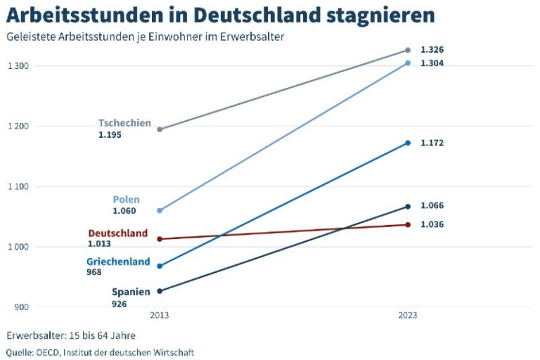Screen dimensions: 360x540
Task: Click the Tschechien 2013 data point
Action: click(x=160, y=129)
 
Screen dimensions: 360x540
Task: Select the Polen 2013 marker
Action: click(x=160, y=210)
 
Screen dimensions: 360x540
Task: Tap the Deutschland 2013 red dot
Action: click(x=160, y=239)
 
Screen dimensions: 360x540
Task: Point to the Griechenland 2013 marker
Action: click(x=160, y=266)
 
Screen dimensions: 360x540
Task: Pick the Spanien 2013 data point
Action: click(x=160, y=291)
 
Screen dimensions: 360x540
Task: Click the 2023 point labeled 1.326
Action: click(x=407, y=50)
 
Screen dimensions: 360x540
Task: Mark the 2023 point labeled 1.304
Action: click(x=407, y=63)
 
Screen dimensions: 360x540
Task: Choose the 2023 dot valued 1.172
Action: click(x=407, y=143)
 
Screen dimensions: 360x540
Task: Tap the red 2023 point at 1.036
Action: click(x=407, y=225)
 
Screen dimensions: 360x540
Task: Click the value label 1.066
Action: click(x=432, y=205)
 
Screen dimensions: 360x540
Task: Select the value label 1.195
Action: click(x=110, y=134)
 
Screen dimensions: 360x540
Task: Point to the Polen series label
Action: click(x=126, y=200)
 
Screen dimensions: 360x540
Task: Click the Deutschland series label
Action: click(x=118, y=233)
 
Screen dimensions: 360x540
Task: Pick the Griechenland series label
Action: click(x=118, y=262)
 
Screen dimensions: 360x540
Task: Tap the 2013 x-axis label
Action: click(x=160, y=315)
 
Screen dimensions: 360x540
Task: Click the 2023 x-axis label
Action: click(x=407, y=315)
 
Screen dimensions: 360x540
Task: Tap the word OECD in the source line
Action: click(x=46, y=352)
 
